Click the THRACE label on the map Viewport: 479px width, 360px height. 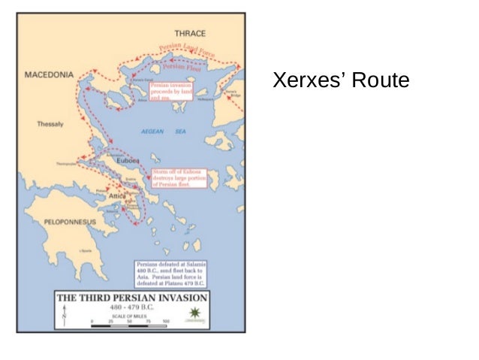(x=190, y=34)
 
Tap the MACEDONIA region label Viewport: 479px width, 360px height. (x=50, y=76)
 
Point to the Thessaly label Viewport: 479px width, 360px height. (x=50, y=124)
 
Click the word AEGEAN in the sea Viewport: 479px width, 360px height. (x=152, y=132)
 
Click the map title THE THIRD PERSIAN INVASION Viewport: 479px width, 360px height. (x=132, y=297)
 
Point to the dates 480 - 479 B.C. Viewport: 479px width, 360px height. (x=131, y=307)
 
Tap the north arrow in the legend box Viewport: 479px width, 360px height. (x=64, y=316)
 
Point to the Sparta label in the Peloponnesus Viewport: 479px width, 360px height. (x=86, y=250)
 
